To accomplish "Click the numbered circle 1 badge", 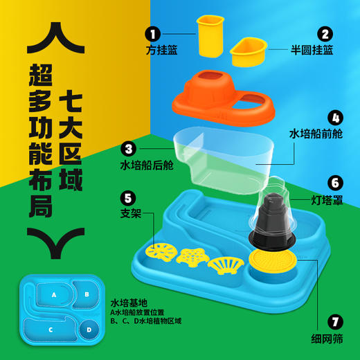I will (x=152, y=32).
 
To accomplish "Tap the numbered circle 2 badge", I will (x=323, y=32).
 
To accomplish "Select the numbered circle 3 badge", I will (x=127, y=147).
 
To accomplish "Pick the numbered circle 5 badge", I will (x=127, y=197).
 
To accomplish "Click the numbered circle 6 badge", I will (x=335, y=183).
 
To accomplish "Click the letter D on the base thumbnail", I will (x=88, y=330).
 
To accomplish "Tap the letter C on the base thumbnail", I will (x=50, y=330).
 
